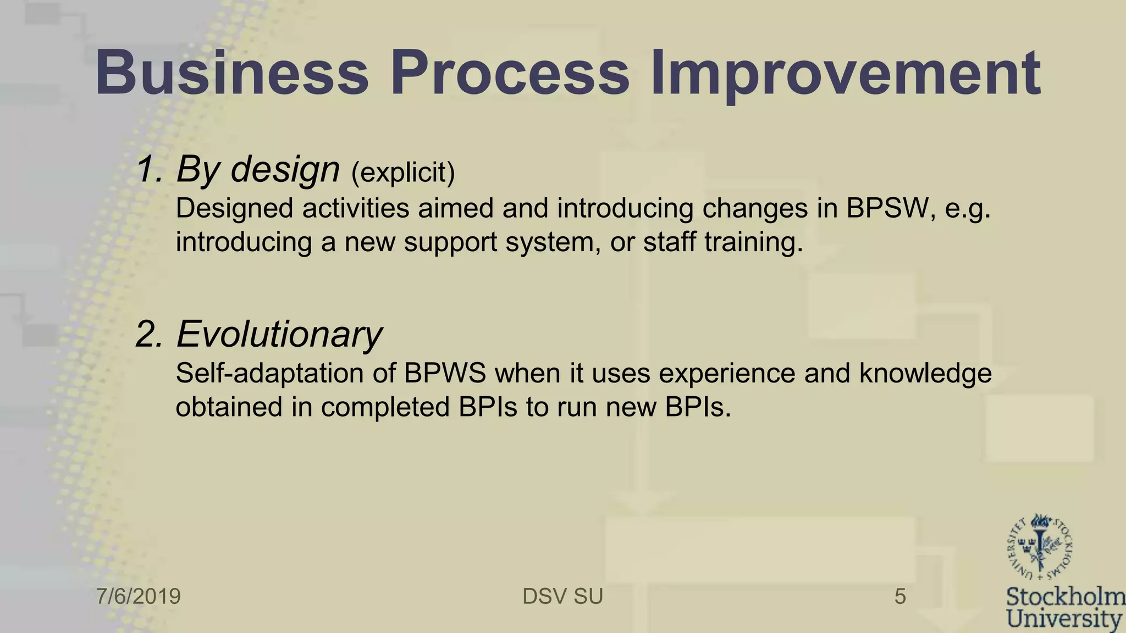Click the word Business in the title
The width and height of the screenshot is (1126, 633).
click(x=231, y=73)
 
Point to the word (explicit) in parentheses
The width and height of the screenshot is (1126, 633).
click(x=403, y=173)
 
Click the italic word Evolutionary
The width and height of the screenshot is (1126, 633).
click(x=279, y=334)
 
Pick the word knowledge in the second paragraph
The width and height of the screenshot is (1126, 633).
click(x=925, y=374)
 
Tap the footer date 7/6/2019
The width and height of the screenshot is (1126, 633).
click(x=139, y=596)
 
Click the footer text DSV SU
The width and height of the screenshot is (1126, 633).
click(x=562, y=596)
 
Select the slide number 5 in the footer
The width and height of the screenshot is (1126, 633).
click(x=900, y=596)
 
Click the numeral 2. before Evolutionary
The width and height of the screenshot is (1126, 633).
click(x=150, y=334)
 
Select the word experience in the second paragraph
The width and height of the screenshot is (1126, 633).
click(x=727, y=374)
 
